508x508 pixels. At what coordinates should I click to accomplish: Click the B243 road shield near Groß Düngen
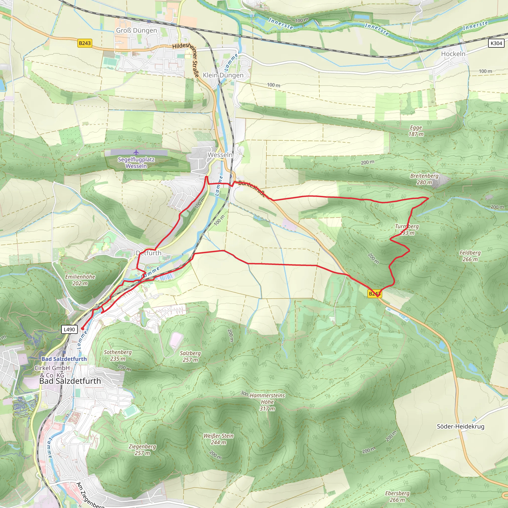(x=85, y=43)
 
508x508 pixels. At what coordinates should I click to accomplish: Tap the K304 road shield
(x=496, y=43)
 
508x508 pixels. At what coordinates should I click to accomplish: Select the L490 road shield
(x=69, y=329)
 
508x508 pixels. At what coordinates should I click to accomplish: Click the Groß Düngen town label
(x=136, y=31)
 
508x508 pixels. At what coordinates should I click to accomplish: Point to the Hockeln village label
(x=453, y=54)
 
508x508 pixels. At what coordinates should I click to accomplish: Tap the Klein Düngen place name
(x=223, y=75)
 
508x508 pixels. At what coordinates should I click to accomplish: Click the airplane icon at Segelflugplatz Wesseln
(x=136, y=152)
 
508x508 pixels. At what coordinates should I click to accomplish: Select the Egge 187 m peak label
(x=416, y=131)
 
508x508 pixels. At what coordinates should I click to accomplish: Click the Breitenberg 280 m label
(x=424, y=179)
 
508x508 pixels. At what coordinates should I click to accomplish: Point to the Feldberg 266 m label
(x=470, y=256)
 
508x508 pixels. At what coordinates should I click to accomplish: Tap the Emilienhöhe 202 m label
(x=80, y=280)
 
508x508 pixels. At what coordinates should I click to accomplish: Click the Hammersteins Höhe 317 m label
(x=267, y=402)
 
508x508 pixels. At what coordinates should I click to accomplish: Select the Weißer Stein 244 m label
(x=218, y=439)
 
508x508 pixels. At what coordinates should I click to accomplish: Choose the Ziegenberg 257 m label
(x=142, y=450)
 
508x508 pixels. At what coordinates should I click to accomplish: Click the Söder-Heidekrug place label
(x=460, y=426)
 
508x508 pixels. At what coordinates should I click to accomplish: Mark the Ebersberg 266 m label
(x=397, y=496)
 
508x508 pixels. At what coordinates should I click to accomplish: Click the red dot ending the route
(x=82, y=329)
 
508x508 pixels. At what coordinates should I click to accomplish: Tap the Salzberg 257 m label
(x=190, y=356)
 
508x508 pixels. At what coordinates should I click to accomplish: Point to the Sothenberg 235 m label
(x=118, y=355)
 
